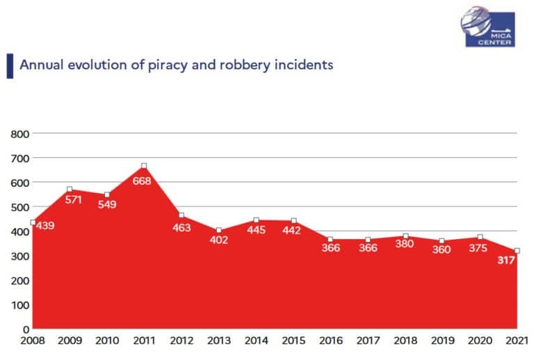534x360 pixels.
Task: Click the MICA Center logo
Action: click(x=487, y=28)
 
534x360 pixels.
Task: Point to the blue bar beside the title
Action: click(x=9, y=65)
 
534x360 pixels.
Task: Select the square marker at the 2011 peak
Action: click(x=144, y=166)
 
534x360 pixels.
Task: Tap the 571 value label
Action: click(x=74, y=199)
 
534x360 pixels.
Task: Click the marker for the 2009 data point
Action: click(x=70, y=189)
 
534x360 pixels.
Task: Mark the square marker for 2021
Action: click(x=517, y=251)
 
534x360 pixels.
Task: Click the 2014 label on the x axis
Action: click(x=256, y=341)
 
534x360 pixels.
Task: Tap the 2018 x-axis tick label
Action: click(x=405, y=341)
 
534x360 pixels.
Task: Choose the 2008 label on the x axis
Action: click(x=33, y=341)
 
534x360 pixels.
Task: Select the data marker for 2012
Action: click(x=181, y=215)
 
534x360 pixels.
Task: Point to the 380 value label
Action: click(x=405, y=244)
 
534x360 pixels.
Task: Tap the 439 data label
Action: click(x=46, y=225)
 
